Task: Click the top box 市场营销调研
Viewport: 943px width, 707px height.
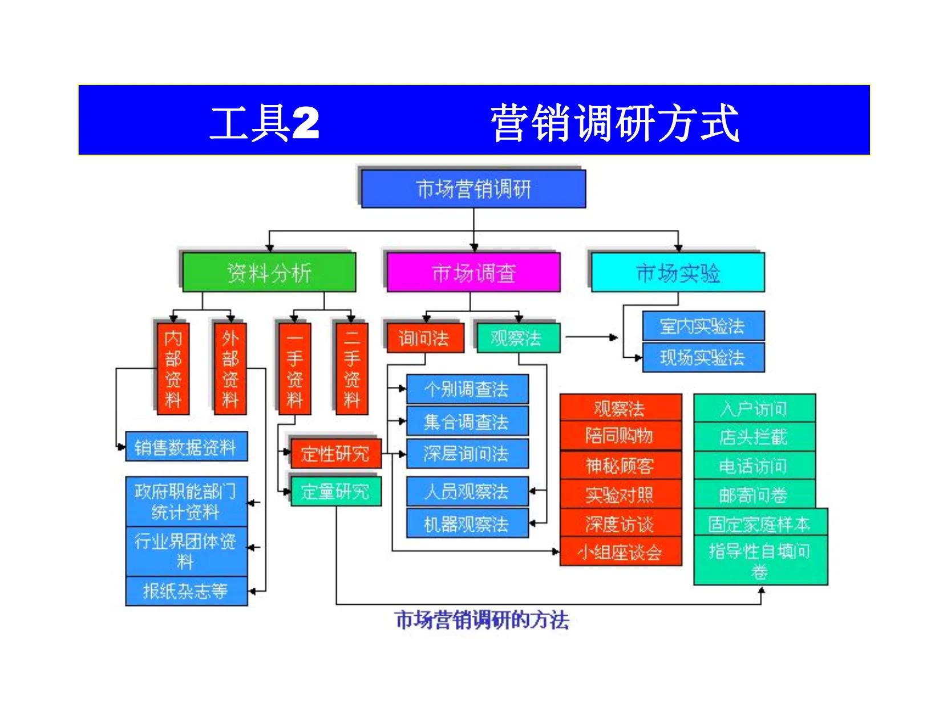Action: point(473,189)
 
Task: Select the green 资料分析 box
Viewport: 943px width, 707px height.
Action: point(269,273)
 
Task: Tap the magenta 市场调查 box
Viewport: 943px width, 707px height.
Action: point(473,273)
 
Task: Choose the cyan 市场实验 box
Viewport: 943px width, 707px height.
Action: point(677,273)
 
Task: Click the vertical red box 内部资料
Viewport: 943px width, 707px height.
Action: point(173,368)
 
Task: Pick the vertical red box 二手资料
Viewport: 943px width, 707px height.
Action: point(351,368)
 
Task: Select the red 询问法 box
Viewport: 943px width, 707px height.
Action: point(424,338)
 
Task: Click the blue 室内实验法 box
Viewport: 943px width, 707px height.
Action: point(703,326)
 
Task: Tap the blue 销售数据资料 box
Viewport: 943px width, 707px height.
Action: point(186,447)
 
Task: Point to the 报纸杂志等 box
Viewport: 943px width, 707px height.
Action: point(186,591)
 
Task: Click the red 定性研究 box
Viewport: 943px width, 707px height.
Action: point(335,454)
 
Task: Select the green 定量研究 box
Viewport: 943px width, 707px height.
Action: point(335,491)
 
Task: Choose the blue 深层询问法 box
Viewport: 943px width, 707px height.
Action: point(467,454)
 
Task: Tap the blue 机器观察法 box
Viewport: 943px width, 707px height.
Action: point(467,524)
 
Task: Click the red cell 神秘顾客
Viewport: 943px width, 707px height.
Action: point(620,466)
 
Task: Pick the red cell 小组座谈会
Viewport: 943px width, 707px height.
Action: point(620,552)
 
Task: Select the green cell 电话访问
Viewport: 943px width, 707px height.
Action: point(754,466)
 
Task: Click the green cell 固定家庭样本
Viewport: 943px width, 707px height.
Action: point(759,523)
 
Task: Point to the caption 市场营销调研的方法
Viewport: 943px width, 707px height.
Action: point(482,620)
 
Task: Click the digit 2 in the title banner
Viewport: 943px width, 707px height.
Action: point(305,123)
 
